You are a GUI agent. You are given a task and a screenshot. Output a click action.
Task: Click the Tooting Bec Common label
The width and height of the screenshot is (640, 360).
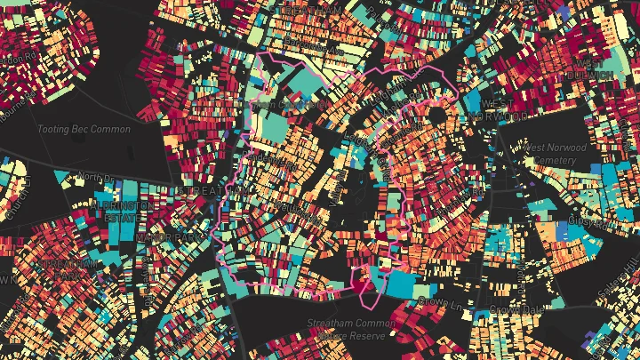pyautogui.click(x=84, y=130)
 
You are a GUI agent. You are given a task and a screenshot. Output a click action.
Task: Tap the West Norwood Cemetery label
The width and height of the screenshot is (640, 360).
pyautogui.click(x=557, y=154)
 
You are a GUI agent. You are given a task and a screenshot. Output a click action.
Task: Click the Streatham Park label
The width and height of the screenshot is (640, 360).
pyautogui.click(x=55, y=268)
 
